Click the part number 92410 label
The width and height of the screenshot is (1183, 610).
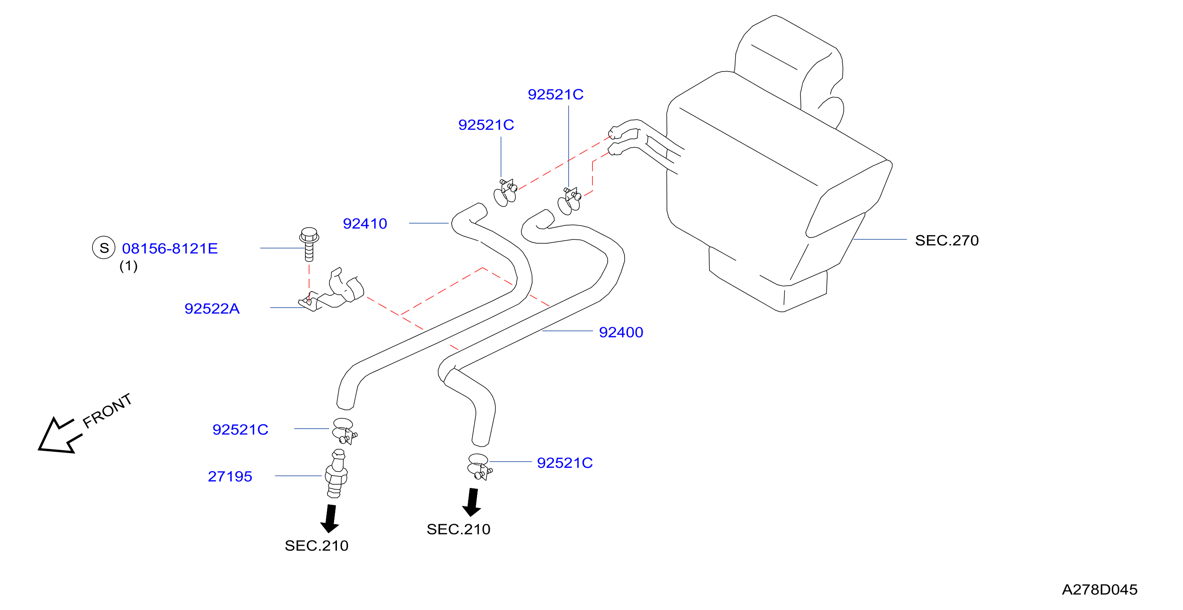(365, 224)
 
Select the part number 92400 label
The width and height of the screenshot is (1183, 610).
(621, 332)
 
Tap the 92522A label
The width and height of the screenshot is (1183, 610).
(212, 309)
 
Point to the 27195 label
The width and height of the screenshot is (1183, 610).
(230, 476)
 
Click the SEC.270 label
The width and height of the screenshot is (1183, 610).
(947, 240)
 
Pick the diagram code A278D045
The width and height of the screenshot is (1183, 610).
(1100, 589)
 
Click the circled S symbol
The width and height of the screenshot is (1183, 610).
(104, 248)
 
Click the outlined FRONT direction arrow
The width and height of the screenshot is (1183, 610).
(58, 437)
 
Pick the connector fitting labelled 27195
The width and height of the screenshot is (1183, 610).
(337, 474)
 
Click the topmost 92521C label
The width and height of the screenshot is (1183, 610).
(556, 95)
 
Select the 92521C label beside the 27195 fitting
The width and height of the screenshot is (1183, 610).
(240, 430)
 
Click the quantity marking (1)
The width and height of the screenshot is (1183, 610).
(129, 266)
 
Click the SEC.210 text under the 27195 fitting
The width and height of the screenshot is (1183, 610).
(316, 546)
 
